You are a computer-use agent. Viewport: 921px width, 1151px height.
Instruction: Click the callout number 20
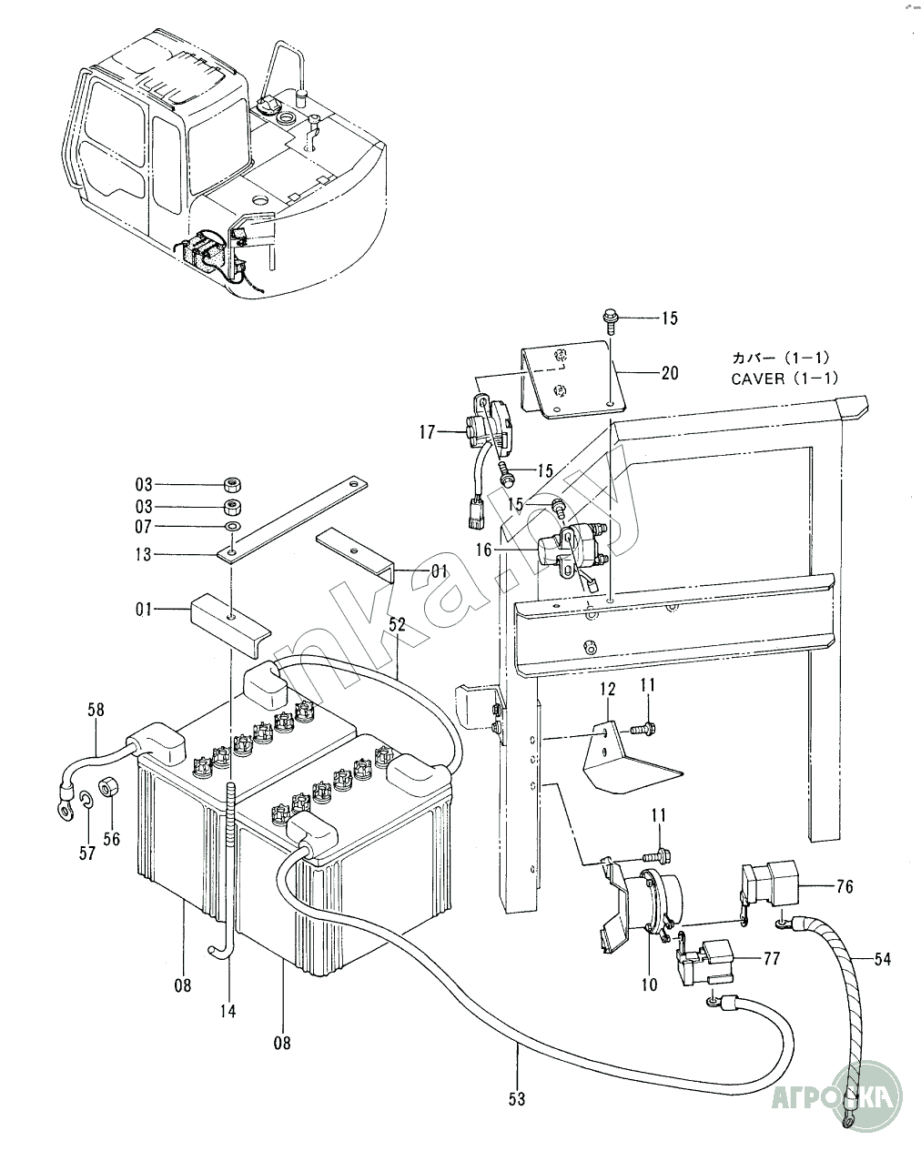pyautogui.click(x=670, y=373)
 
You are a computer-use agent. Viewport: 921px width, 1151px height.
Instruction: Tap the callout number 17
pyautogui.click(x=428, y=432)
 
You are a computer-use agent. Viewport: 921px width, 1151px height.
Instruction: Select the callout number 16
pyautogui.click(x=483, y=550)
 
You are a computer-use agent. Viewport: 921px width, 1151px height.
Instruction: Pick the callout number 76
pyautogui.click(x=845, y=886)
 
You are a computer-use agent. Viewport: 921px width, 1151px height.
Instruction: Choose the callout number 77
pyautogui.click(x=771, y=958)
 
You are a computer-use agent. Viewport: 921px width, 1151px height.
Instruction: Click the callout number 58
pyautogui.click(x=96, y=710)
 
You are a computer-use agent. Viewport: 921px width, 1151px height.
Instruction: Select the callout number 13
pyautogui.click(x=144, y=555)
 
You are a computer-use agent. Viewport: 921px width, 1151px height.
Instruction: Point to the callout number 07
pyautogui.click(x=144, y=527)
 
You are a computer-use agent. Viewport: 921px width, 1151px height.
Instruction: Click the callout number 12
pyautogui.click(x=608, y=689)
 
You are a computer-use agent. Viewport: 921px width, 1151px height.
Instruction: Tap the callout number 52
pyautogui.click(x=397, y=625)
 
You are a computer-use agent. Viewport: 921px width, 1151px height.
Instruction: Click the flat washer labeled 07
pyautogui.click(x=233, y=527)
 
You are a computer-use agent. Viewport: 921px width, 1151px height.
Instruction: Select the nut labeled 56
pyautogui.click(x=109, y=787)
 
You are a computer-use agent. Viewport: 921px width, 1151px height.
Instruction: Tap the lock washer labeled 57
pyautogui.click(x=86, y=799)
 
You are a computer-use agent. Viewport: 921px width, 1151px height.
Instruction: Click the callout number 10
pyautogui.click(x=649, y=984)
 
